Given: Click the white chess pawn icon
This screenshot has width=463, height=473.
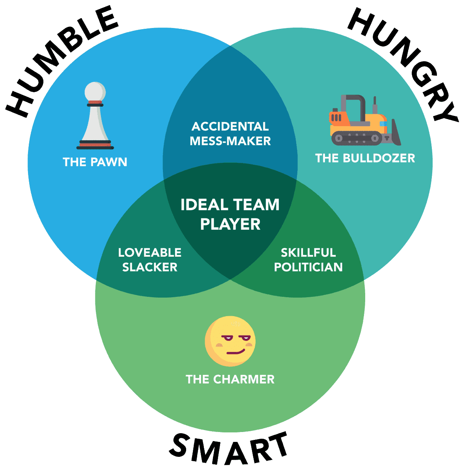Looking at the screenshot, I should [x=95, y=116].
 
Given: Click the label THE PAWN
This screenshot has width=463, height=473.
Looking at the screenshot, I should [x=95, y=162].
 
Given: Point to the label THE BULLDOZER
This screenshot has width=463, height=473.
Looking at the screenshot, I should [x=365, y=158].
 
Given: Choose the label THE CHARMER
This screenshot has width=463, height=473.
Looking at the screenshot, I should [x=230, y=379].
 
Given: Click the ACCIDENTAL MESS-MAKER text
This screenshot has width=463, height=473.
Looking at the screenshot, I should [x=230, y=134].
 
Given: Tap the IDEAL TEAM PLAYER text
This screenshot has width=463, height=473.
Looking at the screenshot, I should [x=230, y=214].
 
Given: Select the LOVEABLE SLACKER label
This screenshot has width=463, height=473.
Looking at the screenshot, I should [x=150, y=260].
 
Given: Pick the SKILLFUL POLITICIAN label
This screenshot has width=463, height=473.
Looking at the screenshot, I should [x=308, y=260].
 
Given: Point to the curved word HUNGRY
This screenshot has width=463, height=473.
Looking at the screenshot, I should [x=406, y=63].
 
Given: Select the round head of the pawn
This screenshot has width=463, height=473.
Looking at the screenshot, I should [x=95, y=91].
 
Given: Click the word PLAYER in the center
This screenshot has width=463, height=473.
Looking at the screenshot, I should [x=230, y=224].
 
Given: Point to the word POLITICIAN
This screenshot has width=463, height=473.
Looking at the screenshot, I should [x=308, y=267].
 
